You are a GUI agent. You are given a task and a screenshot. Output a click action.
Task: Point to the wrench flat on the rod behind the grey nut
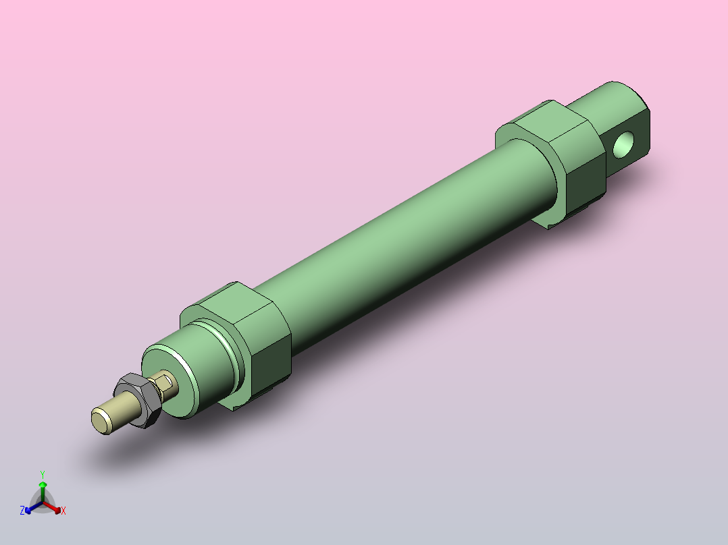point(164,385)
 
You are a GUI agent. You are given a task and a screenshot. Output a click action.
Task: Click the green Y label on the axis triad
point(42,474)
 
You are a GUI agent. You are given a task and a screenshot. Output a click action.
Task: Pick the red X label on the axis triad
point(63,511)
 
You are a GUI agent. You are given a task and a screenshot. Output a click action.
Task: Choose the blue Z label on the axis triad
point(22,511)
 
